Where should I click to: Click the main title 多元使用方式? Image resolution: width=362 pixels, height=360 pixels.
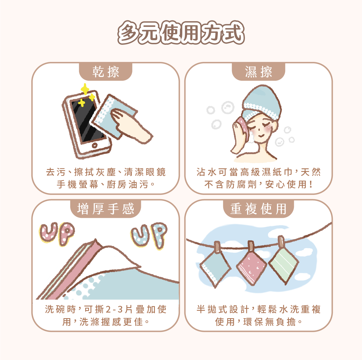tap(181, 33)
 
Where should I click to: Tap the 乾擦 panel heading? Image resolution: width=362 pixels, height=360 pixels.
tap(106, 72)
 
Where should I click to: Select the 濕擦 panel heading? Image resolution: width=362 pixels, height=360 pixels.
tap(258, 72)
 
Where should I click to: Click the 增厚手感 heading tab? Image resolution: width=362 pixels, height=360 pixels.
tap(106, 209)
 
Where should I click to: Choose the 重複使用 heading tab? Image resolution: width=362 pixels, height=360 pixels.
tap(259, 209)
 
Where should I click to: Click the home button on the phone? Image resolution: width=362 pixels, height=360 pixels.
tap(95, 145)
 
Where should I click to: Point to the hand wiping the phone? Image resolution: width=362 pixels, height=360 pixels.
tap(131, 126)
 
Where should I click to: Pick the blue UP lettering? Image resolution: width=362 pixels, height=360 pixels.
tap(149, 235)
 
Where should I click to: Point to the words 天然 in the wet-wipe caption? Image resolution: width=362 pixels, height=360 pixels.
tap(311, 172)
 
